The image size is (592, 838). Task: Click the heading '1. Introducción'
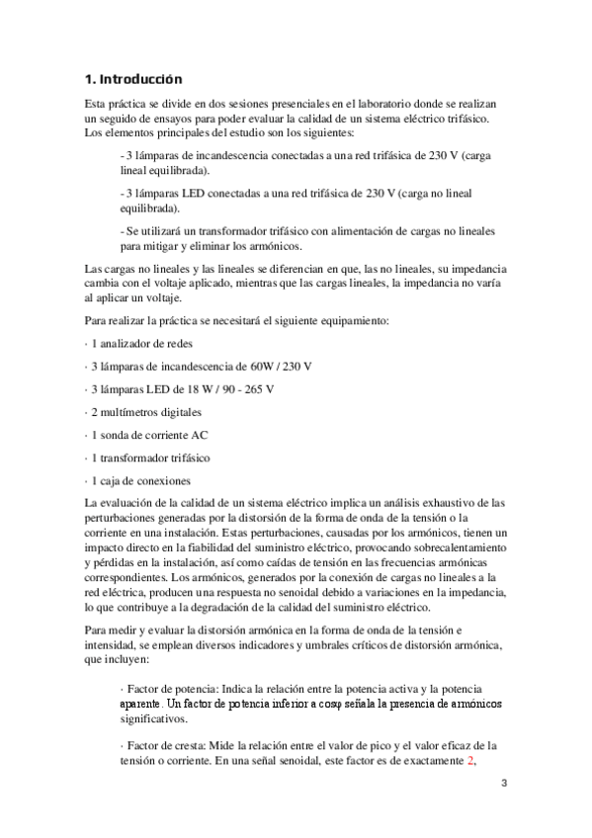[133, 78]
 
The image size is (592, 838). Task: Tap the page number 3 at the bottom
[502, 784]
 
